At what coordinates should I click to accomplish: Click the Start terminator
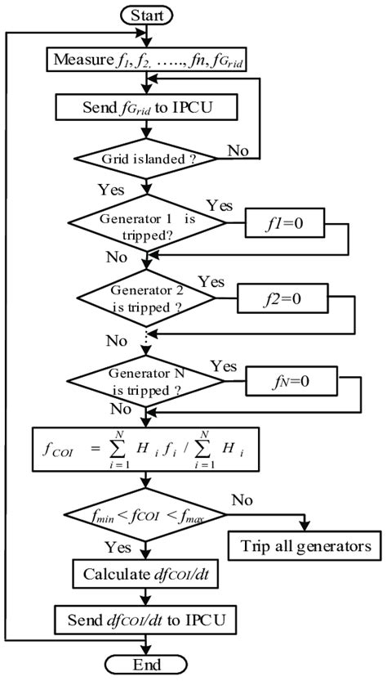coord(147,14)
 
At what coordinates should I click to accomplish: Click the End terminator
coord(147,665)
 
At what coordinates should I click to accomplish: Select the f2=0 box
coord(282,298)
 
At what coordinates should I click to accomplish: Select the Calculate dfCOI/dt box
coord(147,574)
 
